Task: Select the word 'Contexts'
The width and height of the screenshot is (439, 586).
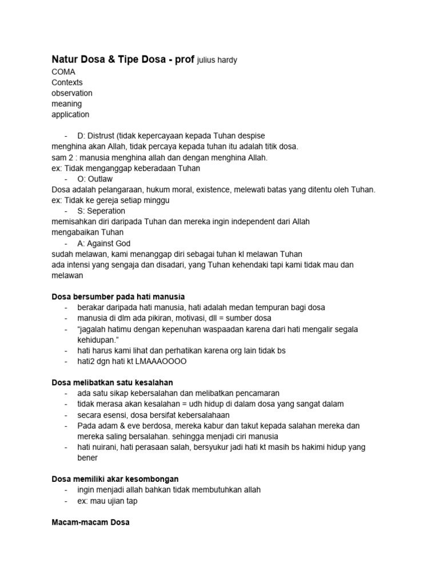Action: pos(67,82)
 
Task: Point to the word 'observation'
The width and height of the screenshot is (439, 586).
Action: pos(71,93)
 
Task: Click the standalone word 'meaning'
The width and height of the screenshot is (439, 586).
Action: pos(66,104)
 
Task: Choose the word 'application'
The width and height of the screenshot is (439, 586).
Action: pos(70,114)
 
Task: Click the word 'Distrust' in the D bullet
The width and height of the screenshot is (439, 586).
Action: pos(101,136)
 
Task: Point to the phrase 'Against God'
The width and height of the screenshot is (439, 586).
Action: pos(109,243)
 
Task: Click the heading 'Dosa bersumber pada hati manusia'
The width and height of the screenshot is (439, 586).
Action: pos(118,297)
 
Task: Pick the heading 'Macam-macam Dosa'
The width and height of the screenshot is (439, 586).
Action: pos(90,522)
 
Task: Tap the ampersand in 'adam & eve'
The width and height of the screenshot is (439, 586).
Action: pos(117,426)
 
